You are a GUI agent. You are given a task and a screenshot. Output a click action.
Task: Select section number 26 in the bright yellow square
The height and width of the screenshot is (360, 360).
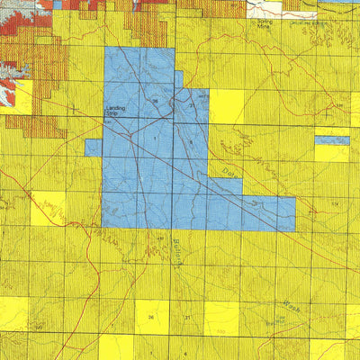[x=151, y=318]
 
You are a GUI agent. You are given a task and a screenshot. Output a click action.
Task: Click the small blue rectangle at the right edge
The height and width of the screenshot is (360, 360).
[x=332, y=140]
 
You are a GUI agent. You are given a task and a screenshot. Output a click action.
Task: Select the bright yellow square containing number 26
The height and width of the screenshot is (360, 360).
[x=151, y=316]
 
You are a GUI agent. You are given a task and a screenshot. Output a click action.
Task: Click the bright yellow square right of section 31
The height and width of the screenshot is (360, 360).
[x=220, y=317]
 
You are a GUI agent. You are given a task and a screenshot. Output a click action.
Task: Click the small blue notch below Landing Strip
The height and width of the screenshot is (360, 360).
[x=94, y=148]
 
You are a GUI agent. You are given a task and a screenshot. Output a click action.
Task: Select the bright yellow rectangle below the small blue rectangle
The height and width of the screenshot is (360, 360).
[x=331, y=153]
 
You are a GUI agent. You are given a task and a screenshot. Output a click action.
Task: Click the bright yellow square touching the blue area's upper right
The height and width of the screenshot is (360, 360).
[x=227, y=107]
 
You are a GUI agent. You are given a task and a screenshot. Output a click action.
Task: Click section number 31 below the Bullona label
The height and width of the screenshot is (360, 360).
[x=186, y=318]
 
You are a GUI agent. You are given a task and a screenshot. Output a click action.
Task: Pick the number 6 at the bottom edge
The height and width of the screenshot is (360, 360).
[x=186, y=354]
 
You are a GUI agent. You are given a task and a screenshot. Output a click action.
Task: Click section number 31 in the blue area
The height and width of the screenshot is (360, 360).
[x=191, y=106]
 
